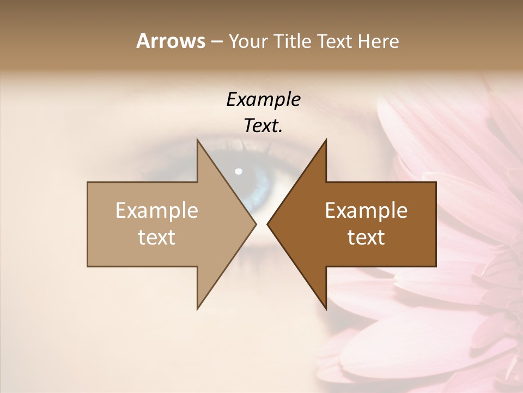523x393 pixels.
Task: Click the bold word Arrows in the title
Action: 171,41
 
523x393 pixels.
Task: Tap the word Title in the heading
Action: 291,41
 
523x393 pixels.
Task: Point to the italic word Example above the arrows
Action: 263,99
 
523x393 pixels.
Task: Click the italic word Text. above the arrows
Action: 263,126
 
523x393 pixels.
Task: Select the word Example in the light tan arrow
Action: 157,210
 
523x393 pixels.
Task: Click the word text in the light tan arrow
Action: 157,237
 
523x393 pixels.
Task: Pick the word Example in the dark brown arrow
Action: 366,210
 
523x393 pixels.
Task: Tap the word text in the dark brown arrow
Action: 366,237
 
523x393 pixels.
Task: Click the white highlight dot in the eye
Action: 238,171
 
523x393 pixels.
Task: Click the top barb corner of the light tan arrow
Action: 198,141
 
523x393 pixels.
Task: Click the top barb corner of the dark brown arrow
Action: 325,141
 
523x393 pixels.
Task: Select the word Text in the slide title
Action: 335,41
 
